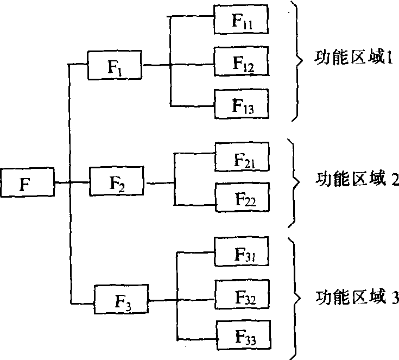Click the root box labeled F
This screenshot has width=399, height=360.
click(x=28, y=182)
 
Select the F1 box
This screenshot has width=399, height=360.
click(x=114, y=66)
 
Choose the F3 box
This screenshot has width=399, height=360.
click(x=122, y=299)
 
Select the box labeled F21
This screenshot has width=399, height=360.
click(x=243, y=157)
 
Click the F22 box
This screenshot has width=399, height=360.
click(x=243, y=196)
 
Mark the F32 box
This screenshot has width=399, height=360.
click(x=243, y=295)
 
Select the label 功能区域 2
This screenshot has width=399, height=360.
click(x=356, y=180)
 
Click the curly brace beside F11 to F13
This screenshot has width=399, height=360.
click(x=297, y=60)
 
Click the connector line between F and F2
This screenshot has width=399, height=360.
click(x=72, y=182)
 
